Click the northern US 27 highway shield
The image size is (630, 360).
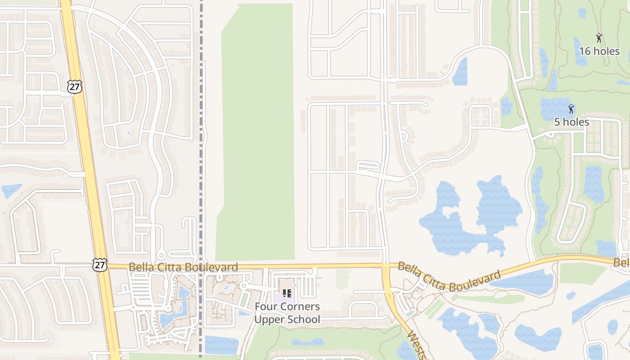pos(75,87)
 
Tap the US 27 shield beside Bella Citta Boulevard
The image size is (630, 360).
pos(100,265)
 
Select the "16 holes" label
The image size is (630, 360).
pos(599,51)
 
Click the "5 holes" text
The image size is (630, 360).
pos(571,122)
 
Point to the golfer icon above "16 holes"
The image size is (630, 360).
pos(598,38)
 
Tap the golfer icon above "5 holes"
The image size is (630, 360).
pos(571,108)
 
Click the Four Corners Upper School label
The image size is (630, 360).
pos(287,313)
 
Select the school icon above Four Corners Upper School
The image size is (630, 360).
pos(287,293)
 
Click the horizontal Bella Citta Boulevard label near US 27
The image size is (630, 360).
pos(183,267)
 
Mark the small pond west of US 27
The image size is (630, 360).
pos(11,190)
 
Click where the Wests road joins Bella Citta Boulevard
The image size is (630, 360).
pos(386,267)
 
